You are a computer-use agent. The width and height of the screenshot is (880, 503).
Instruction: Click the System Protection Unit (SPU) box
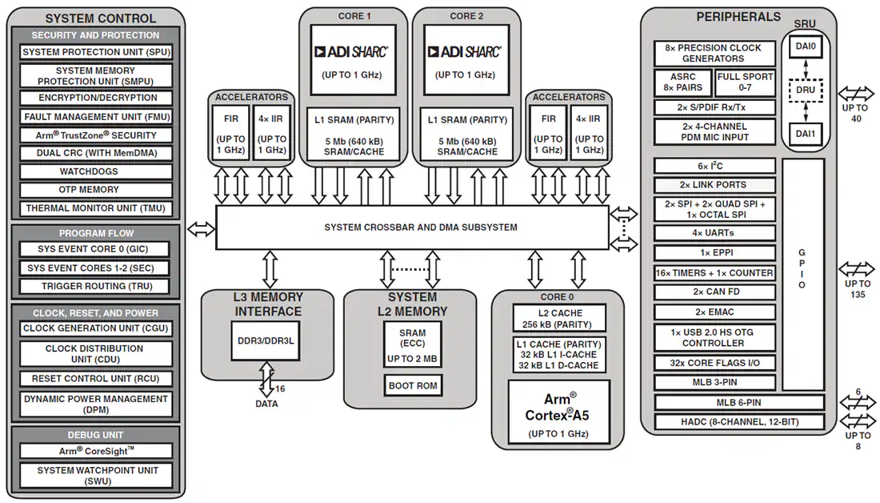tap(96, 52)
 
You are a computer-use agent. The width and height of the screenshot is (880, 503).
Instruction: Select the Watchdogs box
tap(96, 171)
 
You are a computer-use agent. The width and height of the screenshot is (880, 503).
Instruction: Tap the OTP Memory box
tap(96, 189)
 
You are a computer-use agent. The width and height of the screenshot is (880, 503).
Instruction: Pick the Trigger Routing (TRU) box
tap(96, 286)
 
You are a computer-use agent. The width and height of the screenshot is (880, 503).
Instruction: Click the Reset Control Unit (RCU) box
tap(96, 379)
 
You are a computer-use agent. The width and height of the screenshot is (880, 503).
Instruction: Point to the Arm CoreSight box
tap(96, 451)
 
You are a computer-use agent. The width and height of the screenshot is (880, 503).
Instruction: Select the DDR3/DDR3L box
tap(266, 340)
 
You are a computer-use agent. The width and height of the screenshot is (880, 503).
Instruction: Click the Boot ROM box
tap(413, 385)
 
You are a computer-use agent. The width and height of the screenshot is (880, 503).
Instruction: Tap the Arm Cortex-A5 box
tap(558, 412)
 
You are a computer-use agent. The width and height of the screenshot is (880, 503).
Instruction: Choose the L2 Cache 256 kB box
tap(559, 318)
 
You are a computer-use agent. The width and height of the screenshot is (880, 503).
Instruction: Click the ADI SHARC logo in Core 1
tap(351, 52)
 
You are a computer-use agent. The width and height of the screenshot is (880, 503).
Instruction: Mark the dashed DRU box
tap(806, 90)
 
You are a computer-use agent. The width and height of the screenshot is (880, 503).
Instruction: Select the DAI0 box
tap(806, 46)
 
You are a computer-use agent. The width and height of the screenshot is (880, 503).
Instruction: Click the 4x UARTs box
tap(714, 232)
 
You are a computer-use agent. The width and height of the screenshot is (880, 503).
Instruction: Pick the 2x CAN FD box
tap(714, 292)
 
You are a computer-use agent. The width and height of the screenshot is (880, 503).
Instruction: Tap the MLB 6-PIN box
tap(739, 402)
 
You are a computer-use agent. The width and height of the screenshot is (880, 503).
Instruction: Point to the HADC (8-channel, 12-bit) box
tap(739, 421)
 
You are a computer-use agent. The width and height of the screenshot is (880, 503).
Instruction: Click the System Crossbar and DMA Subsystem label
tap(421, 227)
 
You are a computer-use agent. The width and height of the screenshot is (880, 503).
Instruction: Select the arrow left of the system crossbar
tap(201, 229)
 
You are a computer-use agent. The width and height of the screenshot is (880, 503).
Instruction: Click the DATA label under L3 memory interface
tap(266, 404)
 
